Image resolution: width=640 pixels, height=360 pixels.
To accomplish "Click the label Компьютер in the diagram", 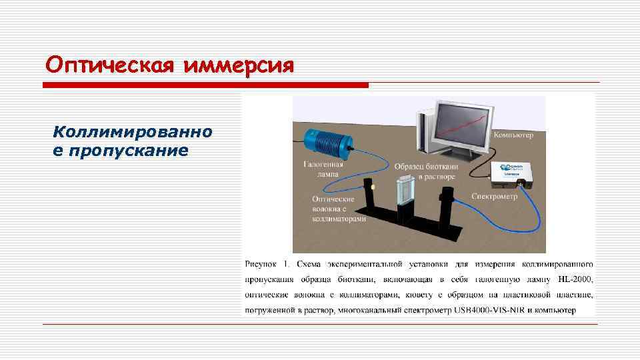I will pos(513,135).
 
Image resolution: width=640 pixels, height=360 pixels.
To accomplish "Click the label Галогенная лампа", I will pos(323,169).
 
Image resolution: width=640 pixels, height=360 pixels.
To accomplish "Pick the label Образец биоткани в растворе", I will pos(425,171).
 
